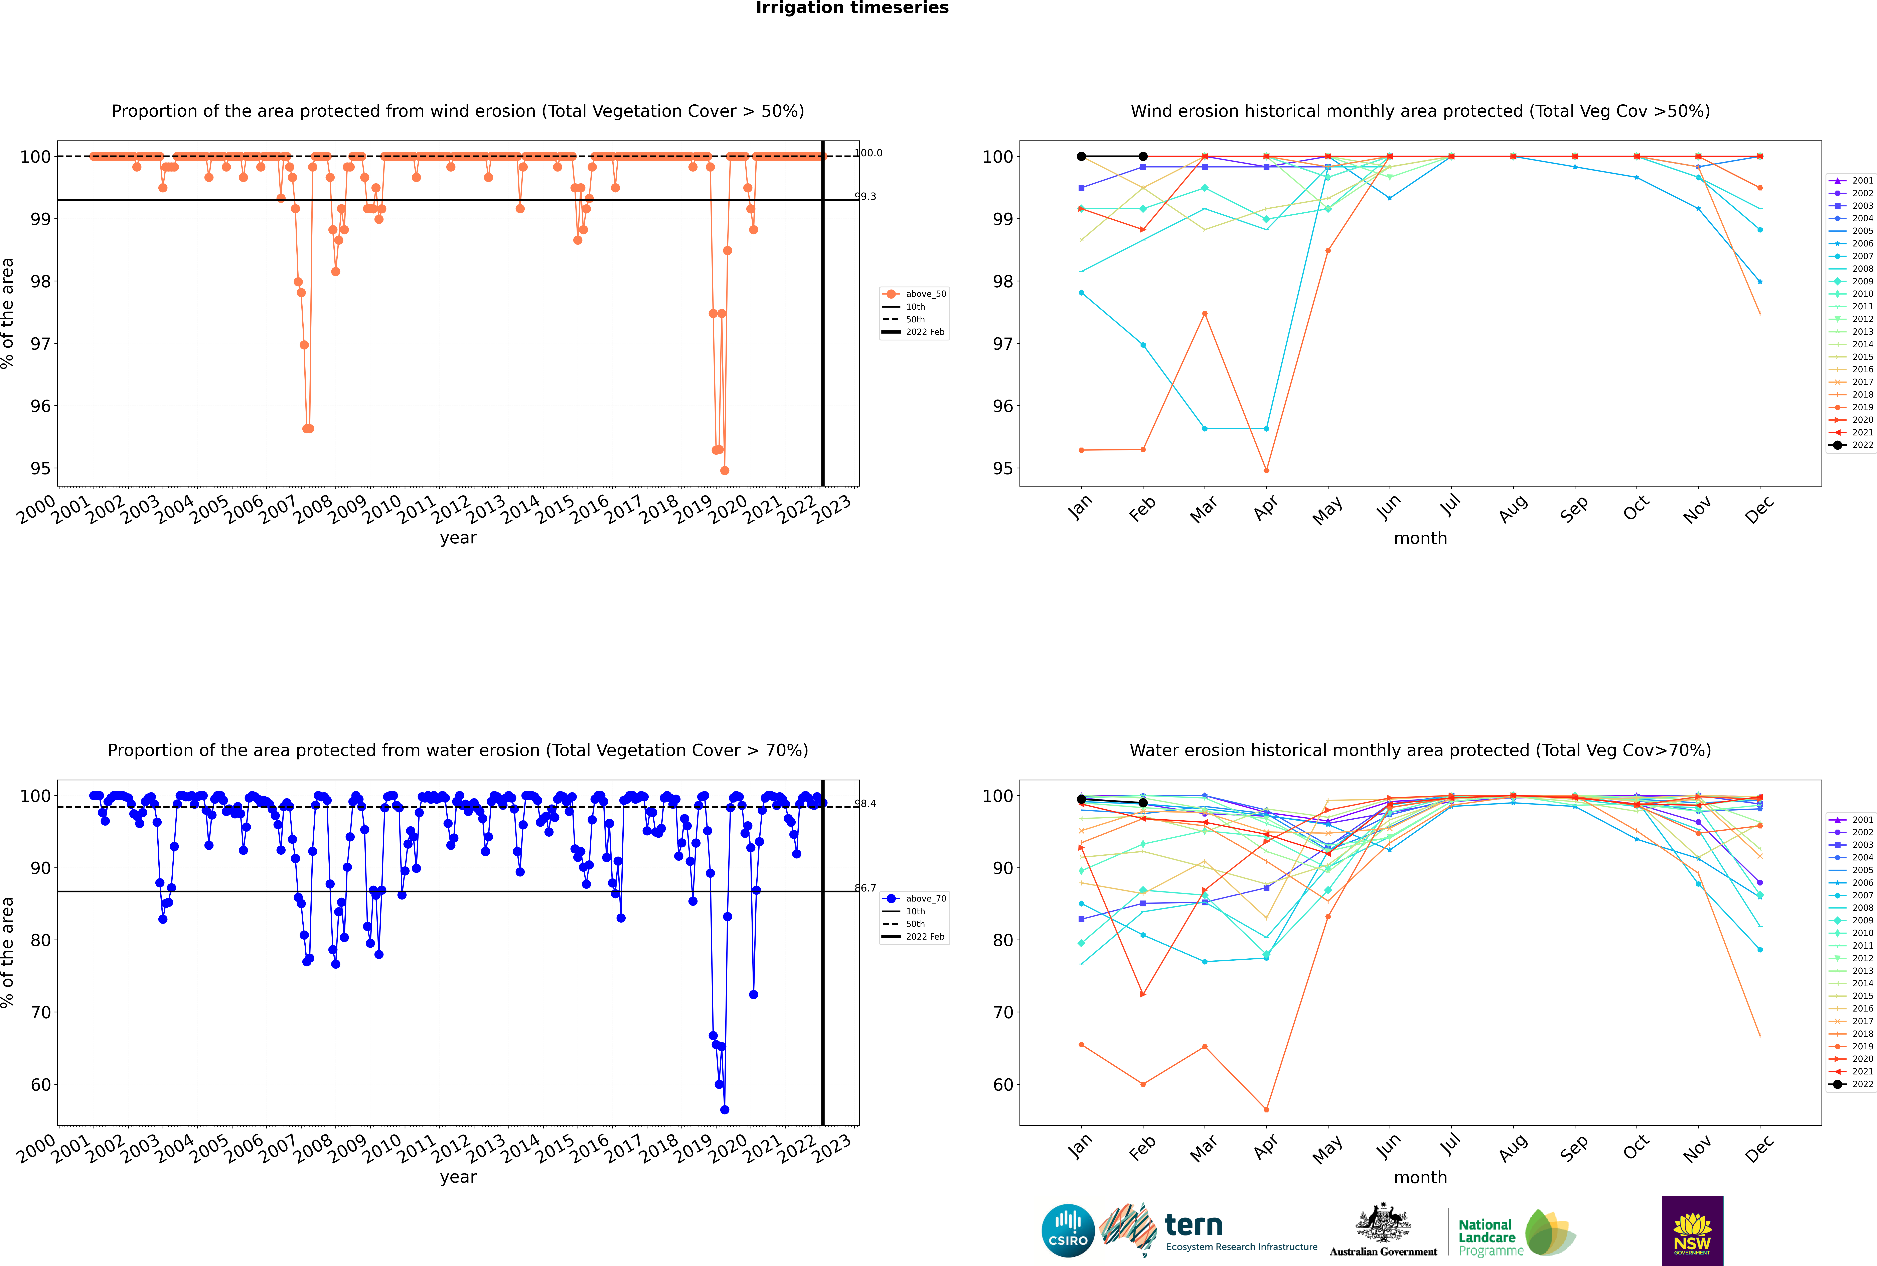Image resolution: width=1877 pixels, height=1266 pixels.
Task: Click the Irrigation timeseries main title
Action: click(852, 8)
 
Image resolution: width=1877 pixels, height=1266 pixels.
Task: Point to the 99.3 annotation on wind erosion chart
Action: click(865, 196)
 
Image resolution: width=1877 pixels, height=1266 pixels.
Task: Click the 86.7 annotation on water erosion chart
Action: click(865, 888)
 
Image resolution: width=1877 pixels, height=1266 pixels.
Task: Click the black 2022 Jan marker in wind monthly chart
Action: click(1081, 157)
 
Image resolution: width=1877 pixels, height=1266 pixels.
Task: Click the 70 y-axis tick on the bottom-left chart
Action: click(40, 1013)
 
